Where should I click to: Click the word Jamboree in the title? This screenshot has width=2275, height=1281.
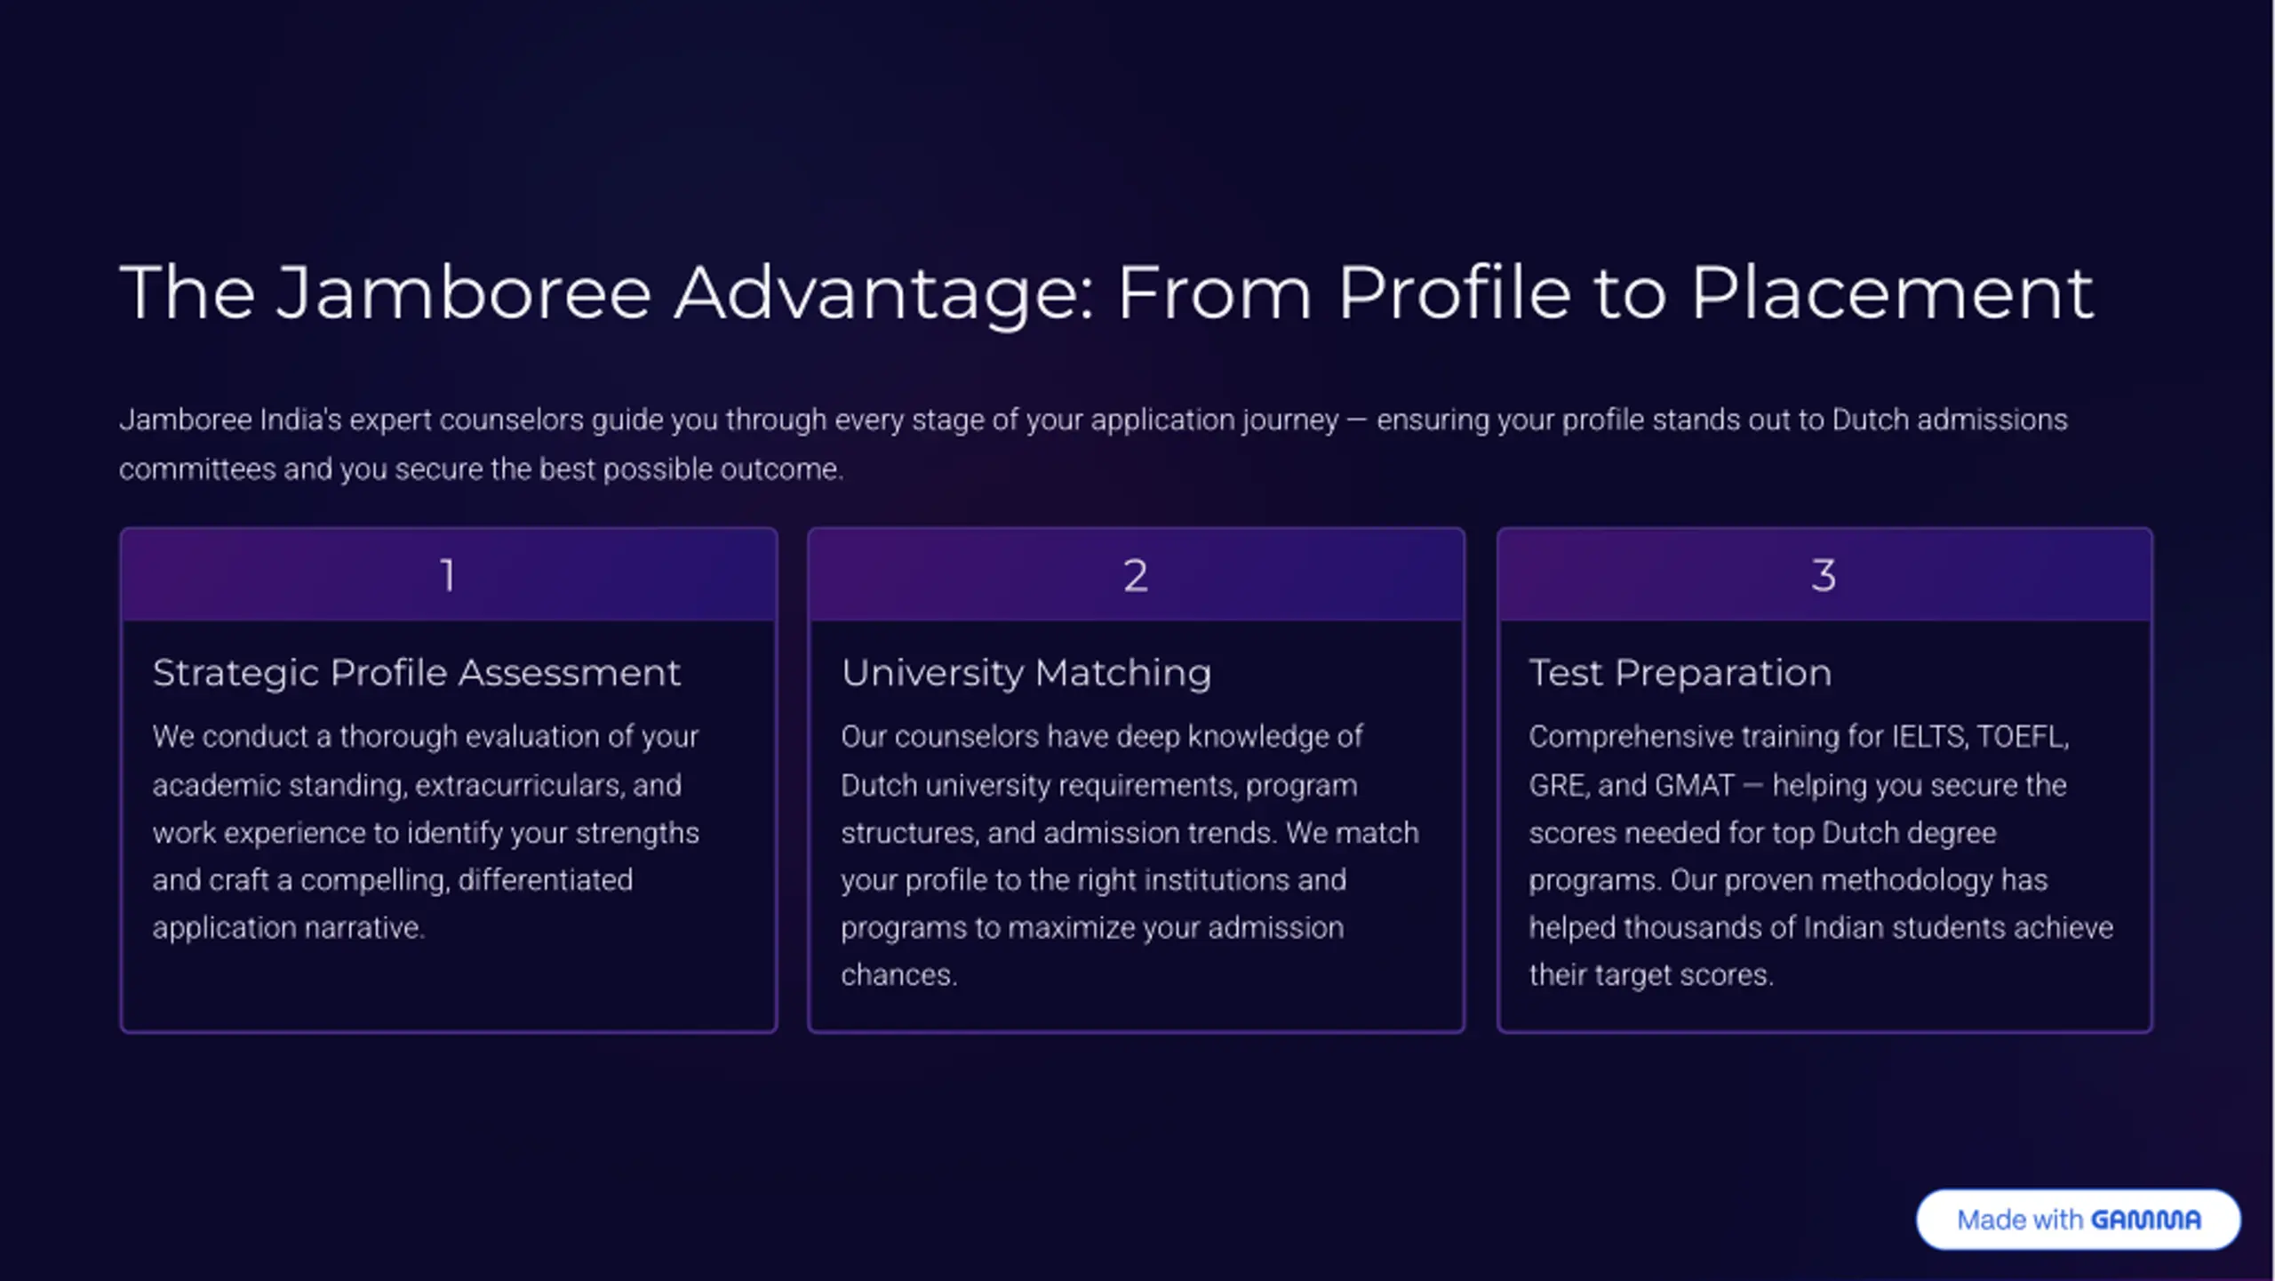(x=463, y=292)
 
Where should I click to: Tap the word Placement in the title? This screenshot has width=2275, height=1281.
(x=1892, y=292)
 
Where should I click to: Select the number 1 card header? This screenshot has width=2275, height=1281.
(x=449, y=574)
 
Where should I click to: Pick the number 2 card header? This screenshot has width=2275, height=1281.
(x=1136, y=574)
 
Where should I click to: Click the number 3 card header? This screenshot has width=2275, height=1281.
(x=1824, y=574)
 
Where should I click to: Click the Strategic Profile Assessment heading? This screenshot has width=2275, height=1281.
(x=416, y=673)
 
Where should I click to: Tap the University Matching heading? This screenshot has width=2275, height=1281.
(x=1026, y=673)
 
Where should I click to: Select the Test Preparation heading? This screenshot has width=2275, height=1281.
(x=1680, y=673)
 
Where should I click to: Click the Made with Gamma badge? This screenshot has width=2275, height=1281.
(x=2079, y=1220)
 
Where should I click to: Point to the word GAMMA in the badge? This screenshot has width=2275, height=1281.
(x=2146, y=1220)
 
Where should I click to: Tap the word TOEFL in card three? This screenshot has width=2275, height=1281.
(x=2023, y=737)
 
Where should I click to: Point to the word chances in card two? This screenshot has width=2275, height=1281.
(x=898, y=975)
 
